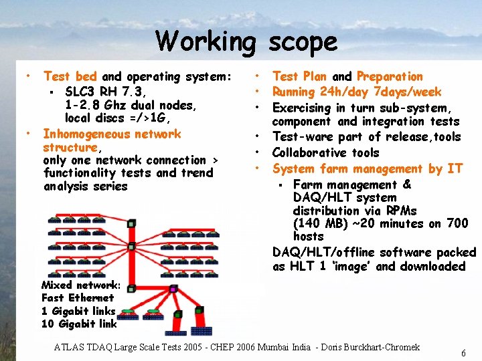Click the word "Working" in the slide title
[x=206, y=41]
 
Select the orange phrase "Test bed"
[x=70, y=77]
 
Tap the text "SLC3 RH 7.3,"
[x=106, y=92]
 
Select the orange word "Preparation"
[x=390, y=77]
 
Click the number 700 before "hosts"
[x=457, y=223]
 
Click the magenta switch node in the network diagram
[x=173, y=289]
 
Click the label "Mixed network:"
[x=81, y=285]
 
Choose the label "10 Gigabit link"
[x=79, y=324]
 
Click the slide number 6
[x=463, y=353]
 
